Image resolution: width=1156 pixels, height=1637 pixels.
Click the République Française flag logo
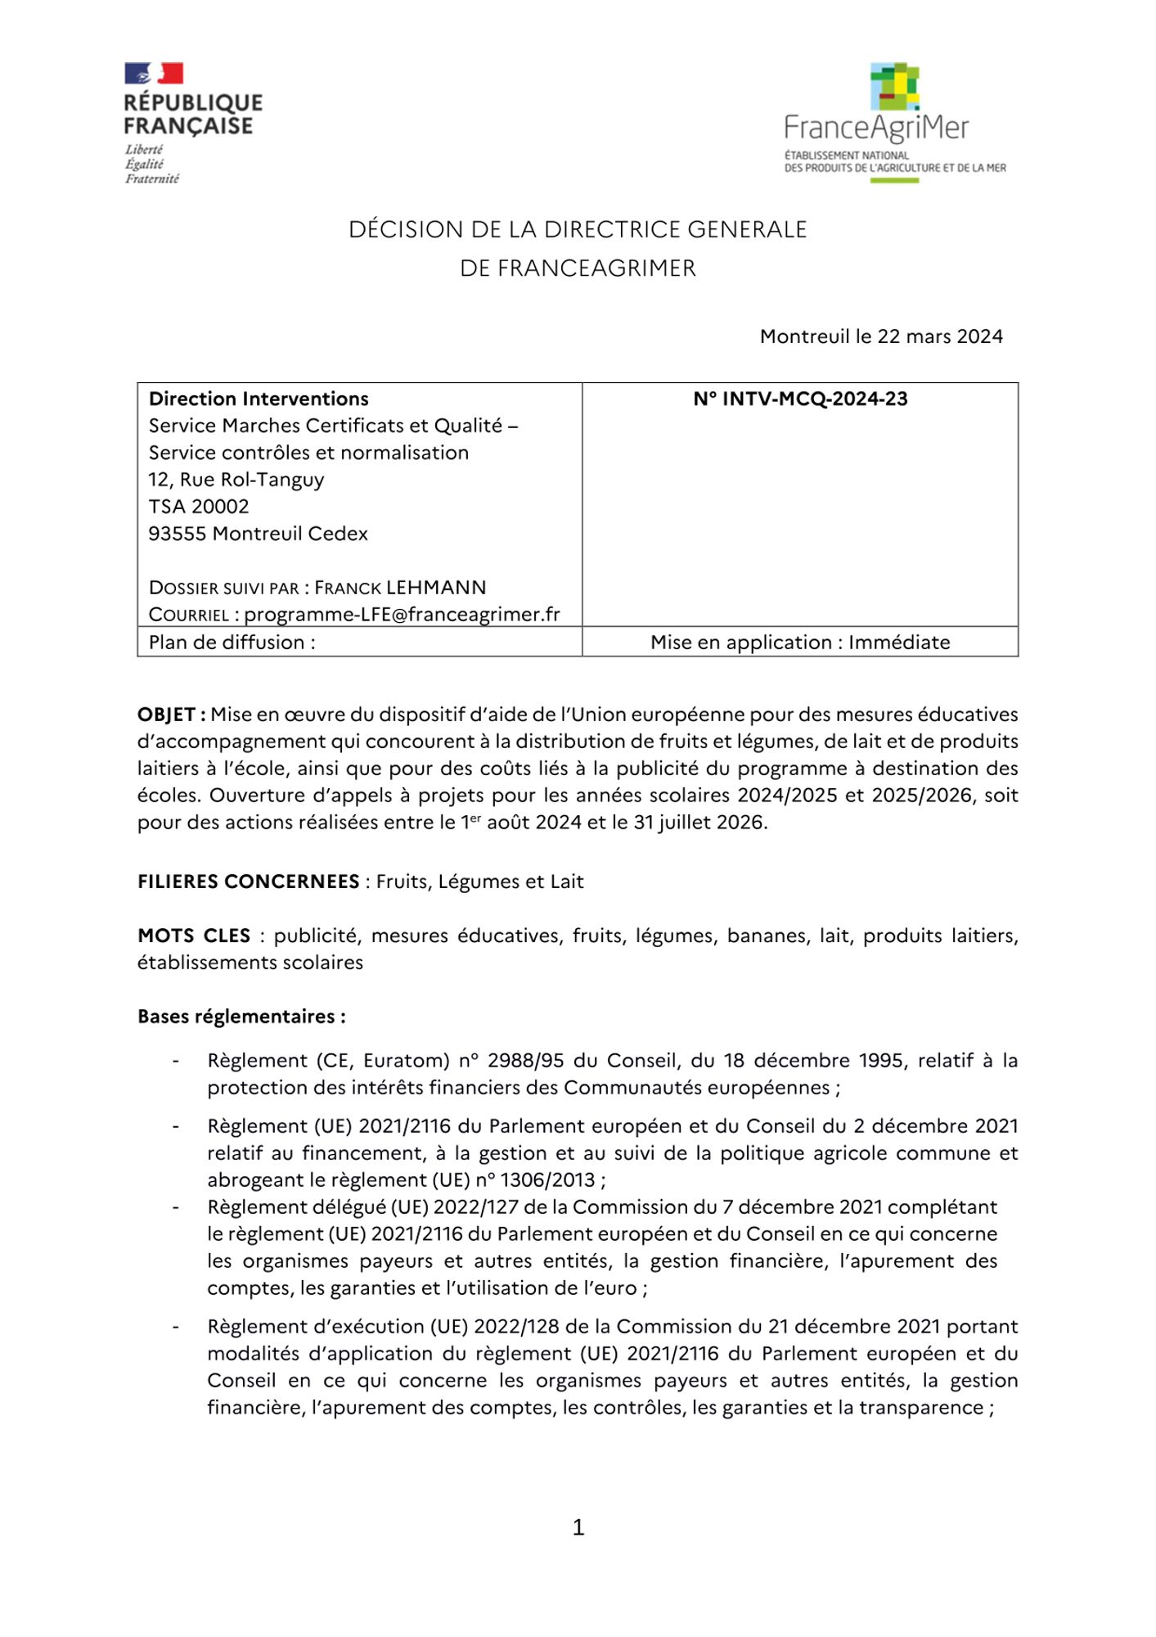pos(154,74)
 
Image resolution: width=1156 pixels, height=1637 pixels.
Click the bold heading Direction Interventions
pos(259,399)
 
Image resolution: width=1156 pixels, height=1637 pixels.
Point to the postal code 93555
pos(178,534)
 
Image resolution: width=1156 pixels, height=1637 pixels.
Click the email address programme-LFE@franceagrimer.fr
pos(402,615)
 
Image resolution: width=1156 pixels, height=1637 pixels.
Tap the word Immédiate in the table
pos(899,643)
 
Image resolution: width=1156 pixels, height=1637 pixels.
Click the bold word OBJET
pos(167,715)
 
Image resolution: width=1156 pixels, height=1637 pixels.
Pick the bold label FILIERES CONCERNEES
pos(249,882)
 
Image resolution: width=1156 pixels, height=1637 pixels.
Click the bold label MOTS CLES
pos(194,936)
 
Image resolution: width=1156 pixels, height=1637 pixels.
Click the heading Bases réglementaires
pos(241,1017)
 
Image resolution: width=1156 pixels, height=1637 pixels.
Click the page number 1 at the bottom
pos(578,1527)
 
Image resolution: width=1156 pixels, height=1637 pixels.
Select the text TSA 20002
pos(199,507)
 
